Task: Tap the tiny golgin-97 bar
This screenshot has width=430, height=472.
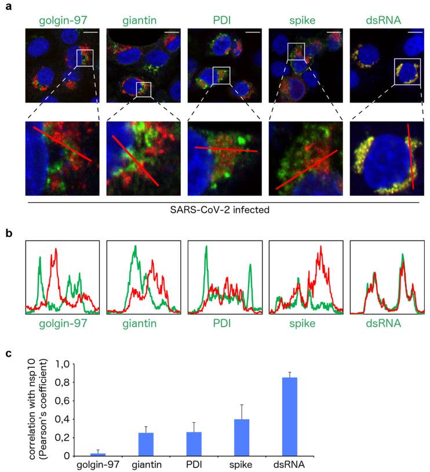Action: pyautogui.click(x=98, y=454)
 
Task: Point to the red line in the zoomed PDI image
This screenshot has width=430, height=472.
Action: pyautogui.click(x=226, y=149)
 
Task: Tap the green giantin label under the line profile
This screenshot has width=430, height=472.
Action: pyautogui.click(x=143, y=323)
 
